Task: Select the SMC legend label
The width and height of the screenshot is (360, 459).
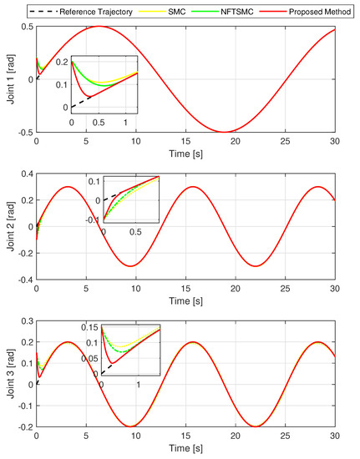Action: (x=200, y=11)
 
